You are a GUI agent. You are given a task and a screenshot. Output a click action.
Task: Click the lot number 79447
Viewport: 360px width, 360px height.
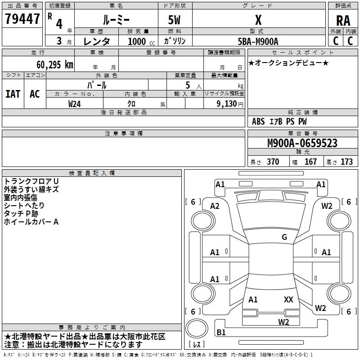coord(22,18)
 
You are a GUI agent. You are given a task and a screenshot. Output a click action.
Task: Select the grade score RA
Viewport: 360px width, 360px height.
coord(343,21)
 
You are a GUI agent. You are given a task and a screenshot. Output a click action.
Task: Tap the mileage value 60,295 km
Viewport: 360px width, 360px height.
coord(55,65)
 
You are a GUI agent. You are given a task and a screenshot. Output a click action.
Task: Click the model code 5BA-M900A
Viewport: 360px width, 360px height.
coord(258,41)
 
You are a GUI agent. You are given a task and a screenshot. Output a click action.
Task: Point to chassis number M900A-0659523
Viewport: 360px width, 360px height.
coord(302,143)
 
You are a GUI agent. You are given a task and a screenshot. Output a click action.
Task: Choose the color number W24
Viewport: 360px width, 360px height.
coord(74,104)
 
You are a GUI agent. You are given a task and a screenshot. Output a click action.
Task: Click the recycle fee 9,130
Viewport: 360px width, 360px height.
coord(227,104)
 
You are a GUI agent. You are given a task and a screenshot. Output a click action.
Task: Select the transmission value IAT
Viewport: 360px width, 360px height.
coord(13,94)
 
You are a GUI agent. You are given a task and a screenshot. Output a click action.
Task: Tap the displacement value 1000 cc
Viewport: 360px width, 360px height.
coord(141,41)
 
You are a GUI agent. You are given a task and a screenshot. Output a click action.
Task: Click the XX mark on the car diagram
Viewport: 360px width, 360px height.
coord(288,299)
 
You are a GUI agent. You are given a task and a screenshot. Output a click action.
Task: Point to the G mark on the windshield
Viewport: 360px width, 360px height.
coord(284,237)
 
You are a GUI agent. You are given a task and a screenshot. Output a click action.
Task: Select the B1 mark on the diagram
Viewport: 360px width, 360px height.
coord(221,332)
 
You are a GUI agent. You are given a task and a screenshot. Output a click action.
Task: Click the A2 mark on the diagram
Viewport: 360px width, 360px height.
coord(215,206)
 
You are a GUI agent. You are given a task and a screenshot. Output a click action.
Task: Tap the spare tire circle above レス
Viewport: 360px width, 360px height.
coord(197,328)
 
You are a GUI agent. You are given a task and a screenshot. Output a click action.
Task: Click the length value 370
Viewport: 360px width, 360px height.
coord(273,162)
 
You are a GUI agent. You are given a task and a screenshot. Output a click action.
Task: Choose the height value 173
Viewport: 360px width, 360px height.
coord(346,162)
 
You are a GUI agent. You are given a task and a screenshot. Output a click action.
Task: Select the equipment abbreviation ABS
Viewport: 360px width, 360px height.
coord(258,121)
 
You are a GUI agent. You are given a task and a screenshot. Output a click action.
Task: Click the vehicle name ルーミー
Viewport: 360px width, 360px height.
coord(116,20)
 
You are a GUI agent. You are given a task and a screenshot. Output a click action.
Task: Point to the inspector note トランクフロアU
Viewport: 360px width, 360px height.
coord(31,181)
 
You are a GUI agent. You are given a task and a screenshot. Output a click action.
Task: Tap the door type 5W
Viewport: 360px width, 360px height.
coord(174,20)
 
